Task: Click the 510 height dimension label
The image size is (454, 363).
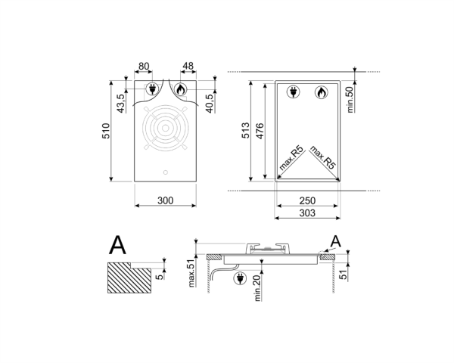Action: click(106, 131)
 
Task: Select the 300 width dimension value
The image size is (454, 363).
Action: click(165, 200)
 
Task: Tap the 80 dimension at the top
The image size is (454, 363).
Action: click(144, 67)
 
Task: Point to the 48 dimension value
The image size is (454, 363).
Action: click(188, 66)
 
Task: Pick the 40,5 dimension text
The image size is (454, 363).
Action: click(210, 103)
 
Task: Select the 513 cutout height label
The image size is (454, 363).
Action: click(245, 130)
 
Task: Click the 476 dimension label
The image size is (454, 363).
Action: click(260, 131)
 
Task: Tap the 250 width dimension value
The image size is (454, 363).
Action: click(307, 200)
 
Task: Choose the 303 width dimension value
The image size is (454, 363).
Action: click(307, 213)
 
